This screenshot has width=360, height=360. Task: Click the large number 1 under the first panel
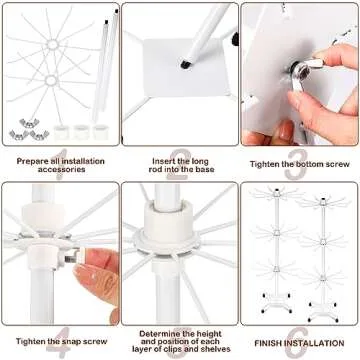click(60, 160)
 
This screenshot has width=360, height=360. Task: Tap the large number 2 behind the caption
click(180, 160)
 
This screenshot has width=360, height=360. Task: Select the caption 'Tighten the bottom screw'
click(298, 156)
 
